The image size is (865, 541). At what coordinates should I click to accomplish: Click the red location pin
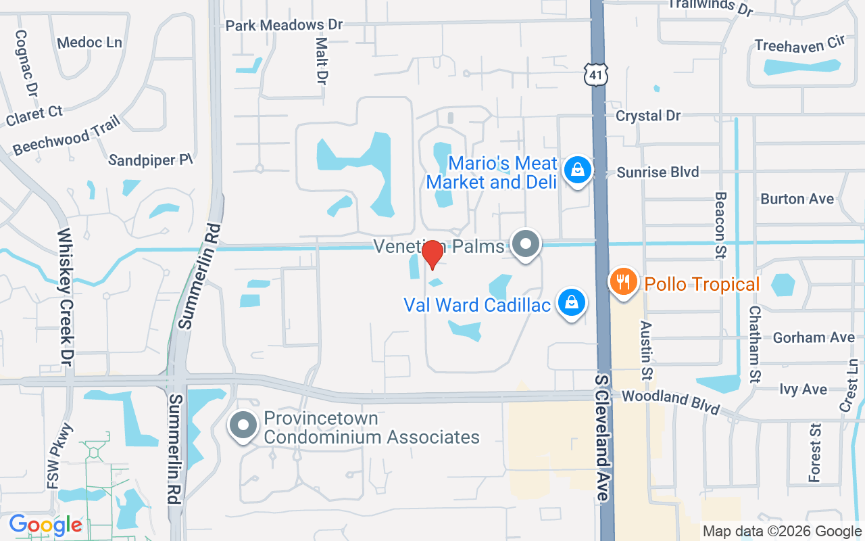(x=432, y=255)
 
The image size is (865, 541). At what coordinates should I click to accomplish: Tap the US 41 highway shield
(x=597, y=74)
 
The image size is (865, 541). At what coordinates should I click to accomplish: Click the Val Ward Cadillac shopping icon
(x=572, y=303)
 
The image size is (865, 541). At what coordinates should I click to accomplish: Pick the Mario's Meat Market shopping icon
(x=578, y=170)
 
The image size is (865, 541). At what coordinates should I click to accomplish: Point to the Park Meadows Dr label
(x=284, y=25)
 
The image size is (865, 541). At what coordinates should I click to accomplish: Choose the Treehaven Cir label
(x=800, y=45)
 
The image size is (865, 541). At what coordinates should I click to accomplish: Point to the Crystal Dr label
(x=647, y=116)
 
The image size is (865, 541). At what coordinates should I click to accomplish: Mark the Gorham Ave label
(x=814, y=337)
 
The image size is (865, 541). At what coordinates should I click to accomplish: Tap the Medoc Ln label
(x=89, y=43)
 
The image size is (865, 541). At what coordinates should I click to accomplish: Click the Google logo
(x=45, y=524)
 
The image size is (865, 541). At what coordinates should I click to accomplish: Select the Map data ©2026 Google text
(x=781, y=532)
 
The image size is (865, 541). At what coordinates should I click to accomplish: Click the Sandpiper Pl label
(x=151, y=160)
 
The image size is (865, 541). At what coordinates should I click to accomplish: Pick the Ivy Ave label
(x=803, y=390)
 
